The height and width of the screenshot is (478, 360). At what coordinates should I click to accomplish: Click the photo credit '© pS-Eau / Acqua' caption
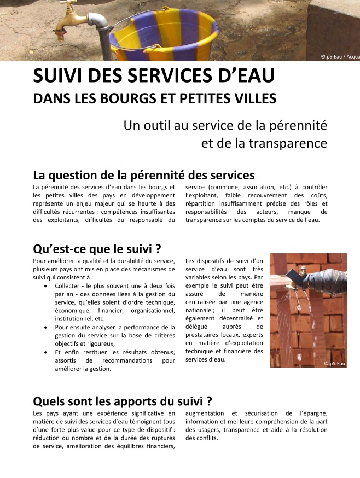point(340,57)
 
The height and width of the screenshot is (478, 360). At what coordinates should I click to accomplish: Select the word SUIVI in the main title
point(60,77)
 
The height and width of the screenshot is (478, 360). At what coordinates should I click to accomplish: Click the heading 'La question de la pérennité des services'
point(143,176)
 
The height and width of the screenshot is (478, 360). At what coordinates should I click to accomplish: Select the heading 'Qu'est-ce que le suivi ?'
point(97,249)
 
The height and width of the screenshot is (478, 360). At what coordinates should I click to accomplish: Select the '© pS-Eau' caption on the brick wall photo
point(334,363)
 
